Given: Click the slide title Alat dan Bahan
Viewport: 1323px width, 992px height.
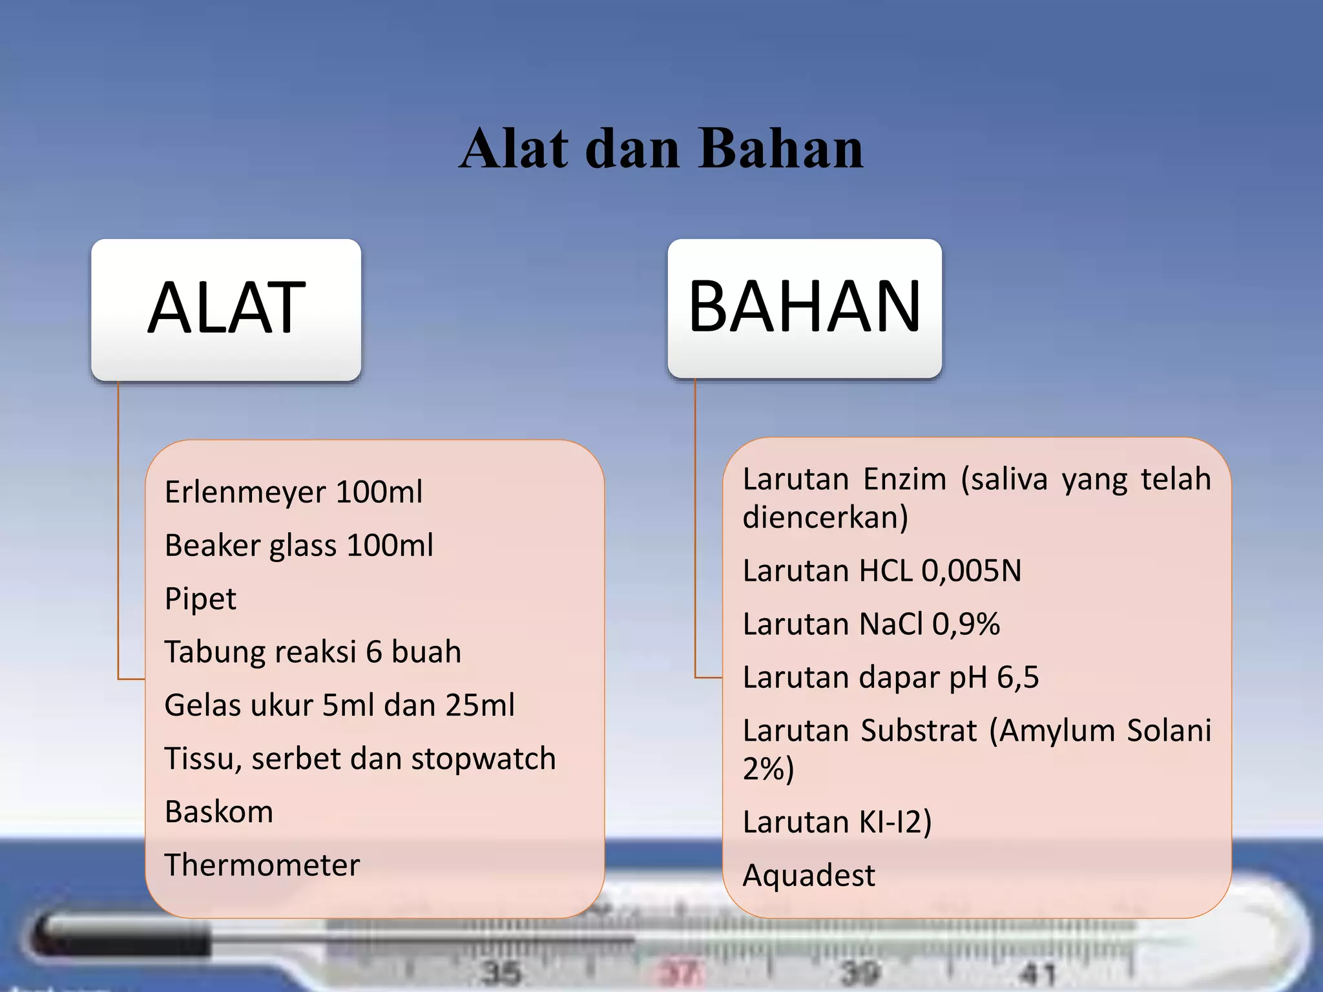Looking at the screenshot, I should pos(661,149).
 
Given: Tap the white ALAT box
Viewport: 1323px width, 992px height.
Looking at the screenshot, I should pos(226,309).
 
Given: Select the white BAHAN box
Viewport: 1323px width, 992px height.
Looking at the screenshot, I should pos(804,308).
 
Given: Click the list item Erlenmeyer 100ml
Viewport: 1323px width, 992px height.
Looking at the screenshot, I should pos(293,492).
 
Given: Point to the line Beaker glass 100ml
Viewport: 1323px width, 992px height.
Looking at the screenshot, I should pos(298,546).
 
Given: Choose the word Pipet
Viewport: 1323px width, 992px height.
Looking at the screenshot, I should pos(200,599).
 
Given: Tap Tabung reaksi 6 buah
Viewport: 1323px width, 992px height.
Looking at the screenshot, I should pos(313,652).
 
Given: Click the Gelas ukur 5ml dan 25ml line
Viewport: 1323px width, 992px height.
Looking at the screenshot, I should pos(339,705).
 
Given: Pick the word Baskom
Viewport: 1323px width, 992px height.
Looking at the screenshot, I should pos(219,812).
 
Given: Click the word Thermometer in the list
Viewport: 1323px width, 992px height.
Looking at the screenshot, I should pos(262,865).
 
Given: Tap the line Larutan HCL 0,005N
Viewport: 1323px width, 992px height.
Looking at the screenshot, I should pos(882,572).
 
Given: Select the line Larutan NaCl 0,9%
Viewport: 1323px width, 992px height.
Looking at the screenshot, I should pos(871,625).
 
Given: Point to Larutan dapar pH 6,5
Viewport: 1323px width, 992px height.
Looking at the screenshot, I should pos(890,678).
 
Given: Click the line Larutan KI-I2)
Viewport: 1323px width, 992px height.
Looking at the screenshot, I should pos(837,823).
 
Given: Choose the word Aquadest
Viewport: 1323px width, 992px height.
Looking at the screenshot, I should pos(809,876).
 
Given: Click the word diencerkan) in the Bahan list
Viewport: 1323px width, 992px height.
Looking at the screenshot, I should pos(825,518).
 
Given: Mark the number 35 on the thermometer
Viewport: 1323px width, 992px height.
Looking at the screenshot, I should pos(501,972).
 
